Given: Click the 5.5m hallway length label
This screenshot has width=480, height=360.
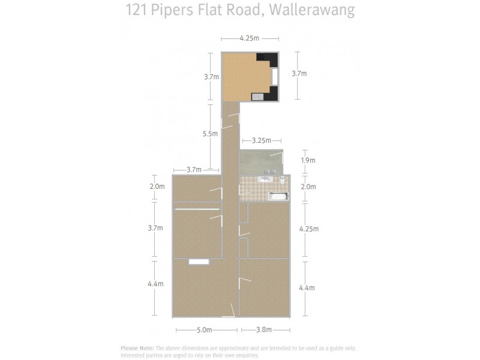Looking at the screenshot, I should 210,134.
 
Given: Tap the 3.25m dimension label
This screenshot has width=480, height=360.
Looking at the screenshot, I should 262,140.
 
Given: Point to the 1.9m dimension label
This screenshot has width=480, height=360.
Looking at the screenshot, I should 308,160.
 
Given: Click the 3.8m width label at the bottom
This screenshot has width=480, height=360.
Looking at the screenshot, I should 264,329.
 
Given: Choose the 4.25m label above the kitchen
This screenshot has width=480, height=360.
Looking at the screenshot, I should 249,39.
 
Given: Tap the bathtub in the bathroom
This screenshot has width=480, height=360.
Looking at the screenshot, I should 277,196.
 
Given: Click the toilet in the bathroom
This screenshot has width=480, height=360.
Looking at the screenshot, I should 282,179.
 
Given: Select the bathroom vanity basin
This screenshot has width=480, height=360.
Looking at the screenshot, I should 265,179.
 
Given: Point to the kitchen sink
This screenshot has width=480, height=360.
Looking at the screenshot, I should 257,96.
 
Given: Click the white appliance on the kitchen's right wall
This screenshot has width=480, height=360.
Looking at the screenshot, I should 275,76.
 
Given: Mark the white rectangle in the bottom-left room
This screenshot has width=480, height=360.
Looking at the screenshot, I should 199,262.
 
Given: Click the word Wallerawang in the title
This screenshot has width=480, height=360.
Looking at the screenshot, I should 313,10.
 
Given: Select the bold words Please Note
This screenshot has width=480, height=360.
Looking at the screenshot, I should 137,348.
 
